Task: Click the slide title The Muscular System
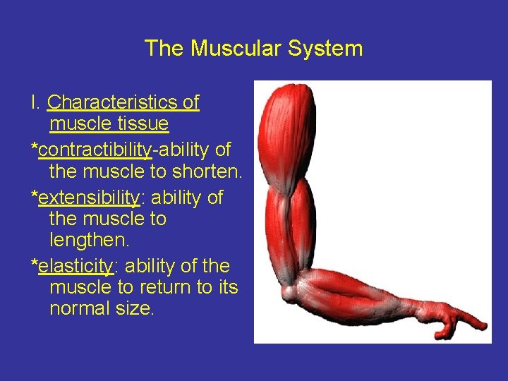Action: point(253,49)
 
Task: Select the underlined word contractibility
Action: point(95,150)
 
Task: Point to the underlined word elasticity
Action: point(75,266)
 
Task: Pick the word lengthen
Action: point(90,241)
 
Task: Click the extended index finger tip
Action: point(483,326)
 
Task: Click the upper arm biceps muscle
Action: point(291,219)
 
